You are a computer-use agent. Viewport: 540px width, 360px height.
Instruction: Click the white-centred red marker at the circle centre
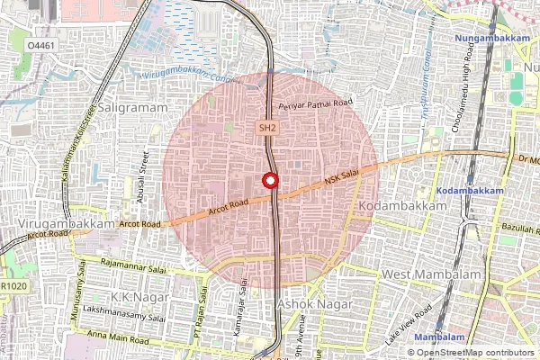tap(269, 180)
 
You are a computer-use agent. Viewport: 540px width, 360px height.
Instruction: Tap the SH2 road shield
tap(267, 129)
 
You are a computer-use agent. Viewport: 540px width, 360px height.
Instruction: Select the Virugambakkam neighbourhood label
tap(66, 222)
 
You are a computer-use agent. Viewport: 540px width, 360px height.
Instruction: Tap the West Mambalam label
tap(428, 274)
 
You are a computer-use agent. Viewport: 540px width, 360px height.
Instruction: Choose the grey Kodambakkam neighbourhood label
tap(401, 206)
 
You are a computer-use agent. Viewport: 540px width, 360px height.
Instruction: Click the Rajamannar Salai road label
tap(139, 265)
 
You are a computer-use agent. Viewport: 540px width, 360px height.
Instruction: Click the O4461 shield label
tap(39, 44)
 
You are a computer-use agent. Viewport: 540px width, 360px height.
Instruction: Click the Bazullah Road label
tap(517, 229)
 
